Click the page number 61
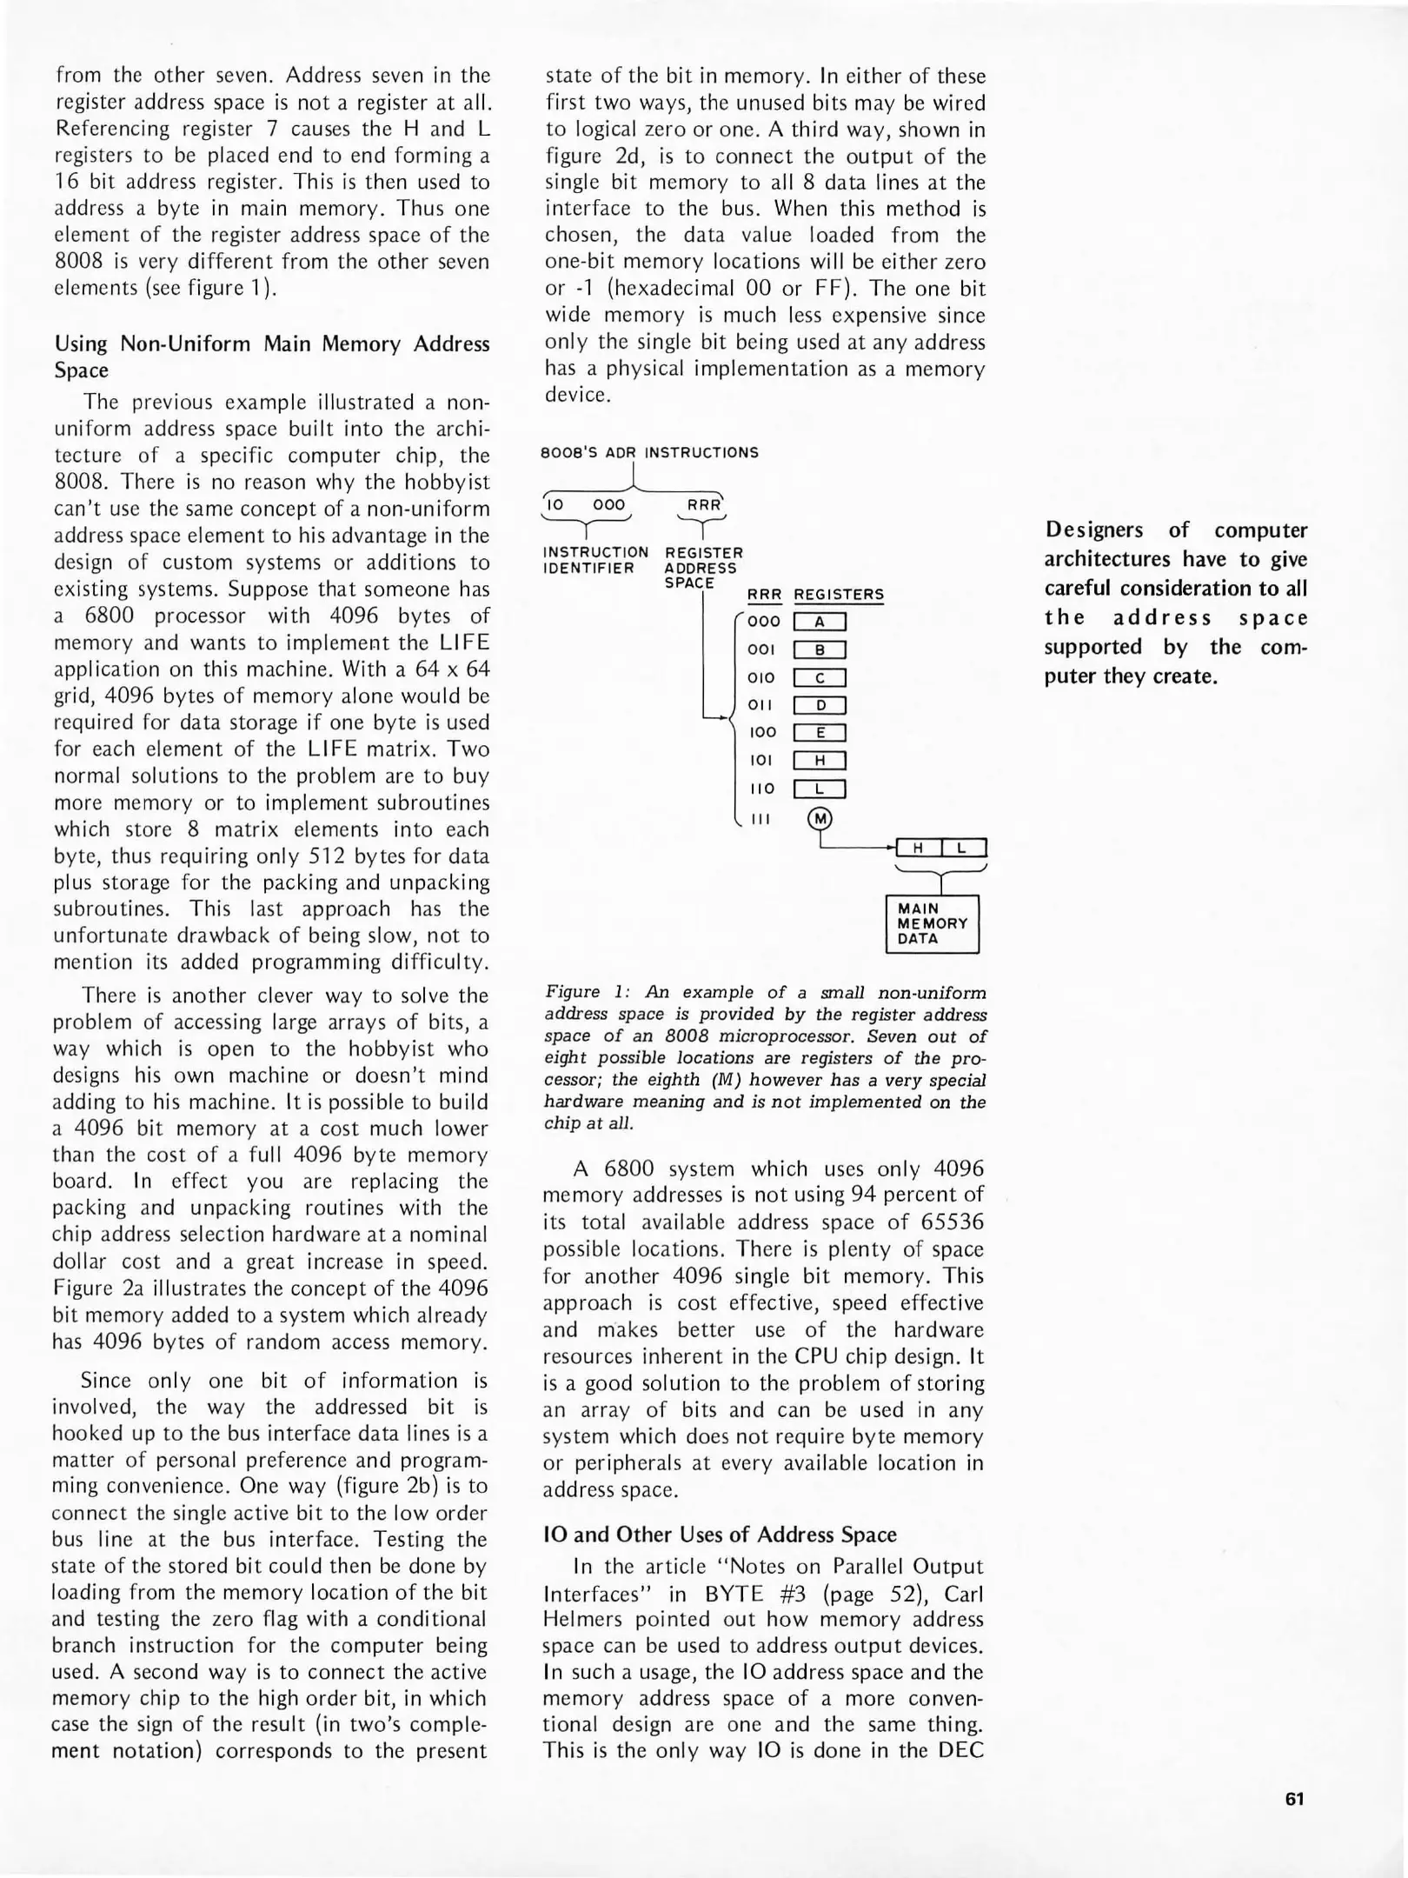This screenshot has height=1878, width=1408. pos(1294,1799)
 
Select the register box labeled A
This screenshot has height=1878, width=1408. pos(820,622)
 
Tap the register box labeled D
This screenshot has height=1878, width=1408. pos(820,705)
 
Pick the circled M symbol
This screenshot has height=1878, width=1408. pos(820,818)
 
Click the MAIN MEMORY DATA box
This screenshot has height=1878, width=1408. pos(932,923)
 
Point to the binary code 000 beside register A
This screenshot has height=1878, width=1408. pos(764,622)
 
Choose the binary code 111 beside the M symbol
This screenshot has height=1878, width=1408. pos(760,818)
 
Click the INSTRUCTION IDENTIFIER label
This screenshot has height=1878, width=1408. pos(595,560)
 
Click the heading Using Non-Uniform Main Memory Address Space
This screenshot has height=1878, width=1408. pos(272,356)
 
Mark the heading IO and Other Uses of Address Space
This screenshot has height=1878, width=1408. pos(720,1535)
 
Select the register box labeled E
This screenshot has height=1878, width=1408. pos(820,733)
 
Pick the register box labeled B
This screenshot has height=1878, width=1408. pos(820,649)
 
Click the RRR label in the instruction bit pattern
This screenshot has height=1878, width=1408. pos(703,505)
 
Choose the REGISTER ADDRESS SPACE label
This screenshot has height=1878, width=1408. pos(703,567)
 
